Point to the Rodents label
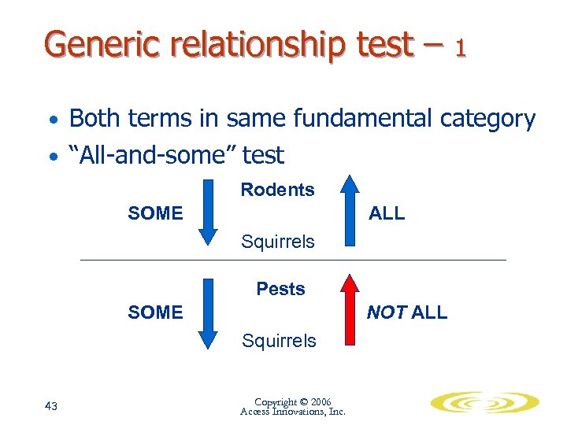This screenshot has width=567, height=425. point(277,190)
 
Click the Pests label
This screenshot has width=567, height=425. point(280,289)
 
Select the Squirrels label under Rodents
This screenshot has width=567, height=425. point(278,242)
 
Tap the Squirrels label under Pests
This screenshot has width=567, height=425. point(279,341)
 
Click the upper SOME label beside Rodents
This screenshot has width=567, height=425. point(155,213)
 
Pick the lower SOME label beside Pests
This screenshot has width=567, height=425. point(155,312)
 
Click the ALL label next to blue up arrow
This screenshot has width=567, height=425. point(387,213)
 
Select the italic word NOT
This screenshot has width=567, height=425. point(387,312)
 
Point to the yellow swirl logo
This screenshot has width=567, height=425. point(484,403)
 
